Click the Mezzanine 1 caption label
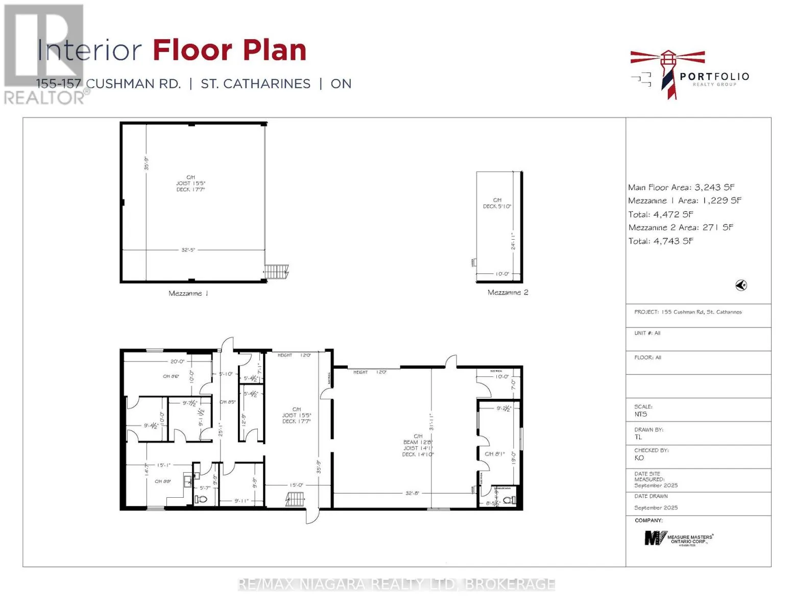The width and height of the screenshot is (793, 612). point(188,293)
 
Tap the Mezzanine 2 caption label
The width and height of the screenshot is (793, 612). point(508,292)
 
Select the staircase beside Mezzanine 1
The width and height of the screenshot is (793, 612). point(277,271)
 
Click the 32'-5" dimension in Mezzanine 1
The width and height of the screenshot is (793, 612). point(188,250)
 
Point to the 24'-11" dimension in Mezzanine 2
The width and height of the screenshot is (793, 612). point(513,241)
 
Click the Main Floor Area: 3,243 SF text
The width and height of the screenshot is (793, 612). point(681,187)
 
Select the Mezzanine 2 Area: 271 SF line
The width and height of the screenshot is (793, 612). point(680,227)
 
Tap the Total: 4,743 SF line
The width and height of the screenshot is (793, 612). point(661,241)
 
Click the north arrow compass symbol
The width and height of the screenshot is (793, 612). point(741,286)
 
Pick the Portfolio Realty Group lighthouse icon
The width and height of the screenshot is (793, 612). point(668,74)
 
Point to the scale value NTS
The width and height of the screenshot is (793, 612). point(640,414)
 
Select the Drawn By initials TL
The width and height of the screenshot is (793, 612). point(638,437)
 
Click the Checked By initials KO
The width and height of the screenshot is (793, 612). point(639,458)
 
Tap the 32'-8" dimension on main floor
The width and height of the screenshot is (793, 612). point(412,493)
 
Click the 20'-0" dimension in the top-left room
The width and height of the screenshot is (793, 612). point(177,361)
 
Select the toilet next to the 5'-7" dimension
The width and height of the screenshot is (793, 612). point(203,499)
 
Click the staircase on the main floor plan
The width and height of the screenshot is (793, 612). point(295,499)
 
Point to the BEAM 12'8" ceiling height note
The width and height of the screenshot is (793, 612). point(418,442)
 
